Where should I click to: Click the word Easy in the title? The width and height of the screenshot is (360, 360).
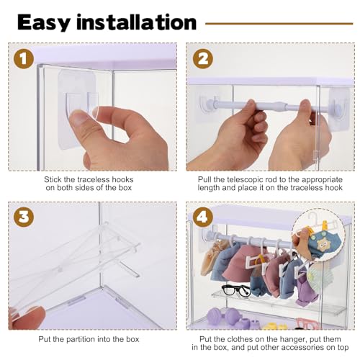[44, 23]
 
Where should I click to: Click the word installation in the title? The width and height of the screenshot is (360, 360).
[137, 22]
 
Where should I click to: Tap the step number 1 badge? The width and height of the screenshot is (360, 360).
[24, 58]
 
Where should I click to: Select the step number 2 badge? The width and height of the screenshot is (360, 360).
[203, 58]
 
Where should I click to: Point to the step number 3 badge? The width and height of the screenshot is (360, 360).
[24, 217]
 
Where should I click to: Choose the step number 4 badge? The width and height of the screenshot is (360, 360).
[203, 217]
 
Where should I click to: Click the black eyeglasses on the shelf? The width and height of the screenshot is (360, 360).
[236, 290]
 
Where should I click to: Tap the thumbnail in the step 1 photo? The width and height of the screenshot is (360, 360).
[80, 118]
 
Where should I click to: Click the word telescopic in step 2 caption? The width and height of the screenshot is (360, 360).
[246, 179]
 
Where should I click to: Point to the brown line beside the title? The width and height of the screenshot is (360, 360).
[279, 24]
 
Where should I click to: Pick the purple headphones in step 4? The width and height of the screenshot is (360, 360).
[225, 317]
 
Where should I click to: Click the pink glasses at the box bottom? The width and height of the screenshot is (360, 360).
[305, 323]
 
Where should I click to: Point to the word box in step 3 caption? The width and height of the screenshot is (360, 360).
[133, 339]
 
